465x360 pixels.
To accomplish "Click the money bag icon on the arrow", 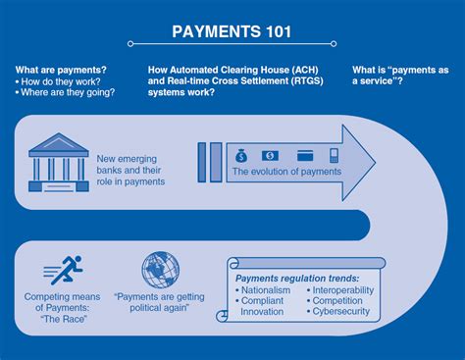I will click(241, 155).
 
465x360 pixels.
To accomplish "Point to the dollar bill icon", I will click(270, 155).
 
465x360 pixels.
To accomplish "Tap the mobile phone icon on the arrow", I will click(334, 155).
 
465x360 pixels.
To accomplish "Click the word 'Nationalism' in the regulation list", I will click(266, 291).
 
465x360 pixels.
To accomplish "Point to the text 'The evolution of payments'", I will click(285, 172).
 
